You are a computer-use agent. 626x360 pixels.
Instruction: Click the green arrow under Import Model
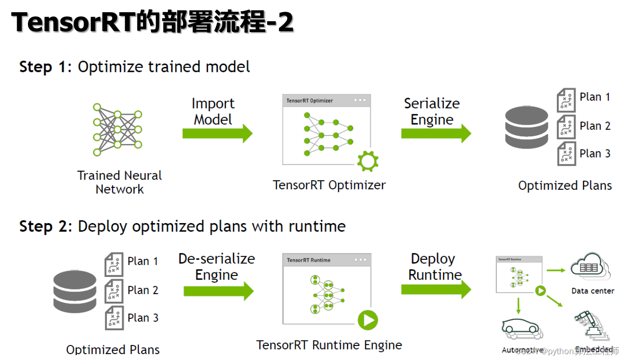tap(217, 134)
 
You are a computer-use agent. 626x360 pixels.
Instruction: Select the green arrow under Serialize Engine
tap(436, 134)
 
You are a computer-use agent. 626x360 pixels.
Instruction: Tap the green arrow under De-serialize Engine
tap(218, 291)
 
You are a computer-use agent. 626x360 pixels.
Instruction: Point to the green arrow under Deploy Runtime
tap(436, 290)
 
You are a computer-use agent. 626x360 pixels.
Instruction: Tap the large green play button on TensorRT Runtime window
tap(368, 320)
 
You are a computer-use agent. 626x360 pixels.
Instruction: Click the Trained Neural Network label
tap(119, 182)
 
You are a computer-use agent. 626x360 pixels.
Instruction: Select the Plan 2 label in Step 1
tap(595, 126)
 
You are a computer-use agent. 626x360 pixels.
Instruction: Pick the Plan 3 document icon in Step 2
tap(114, 318)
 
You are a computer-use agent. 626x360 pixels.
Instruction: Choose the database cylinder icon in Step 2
tap(75, 289)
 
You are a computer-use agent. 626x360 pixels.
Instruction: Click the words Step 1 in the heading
tap(42, 67)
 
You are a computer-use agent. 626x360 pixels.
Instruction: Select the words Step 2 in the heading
tap(42, 226)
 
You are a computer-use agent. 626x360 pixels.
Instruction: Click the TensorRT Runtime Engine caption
tap(329, 345)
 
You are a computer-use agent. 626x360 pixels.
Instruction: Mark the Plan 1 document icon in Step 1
tap(566, 100)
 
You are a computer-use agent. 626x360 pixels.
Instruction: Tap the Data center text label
tap(593, 291)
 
